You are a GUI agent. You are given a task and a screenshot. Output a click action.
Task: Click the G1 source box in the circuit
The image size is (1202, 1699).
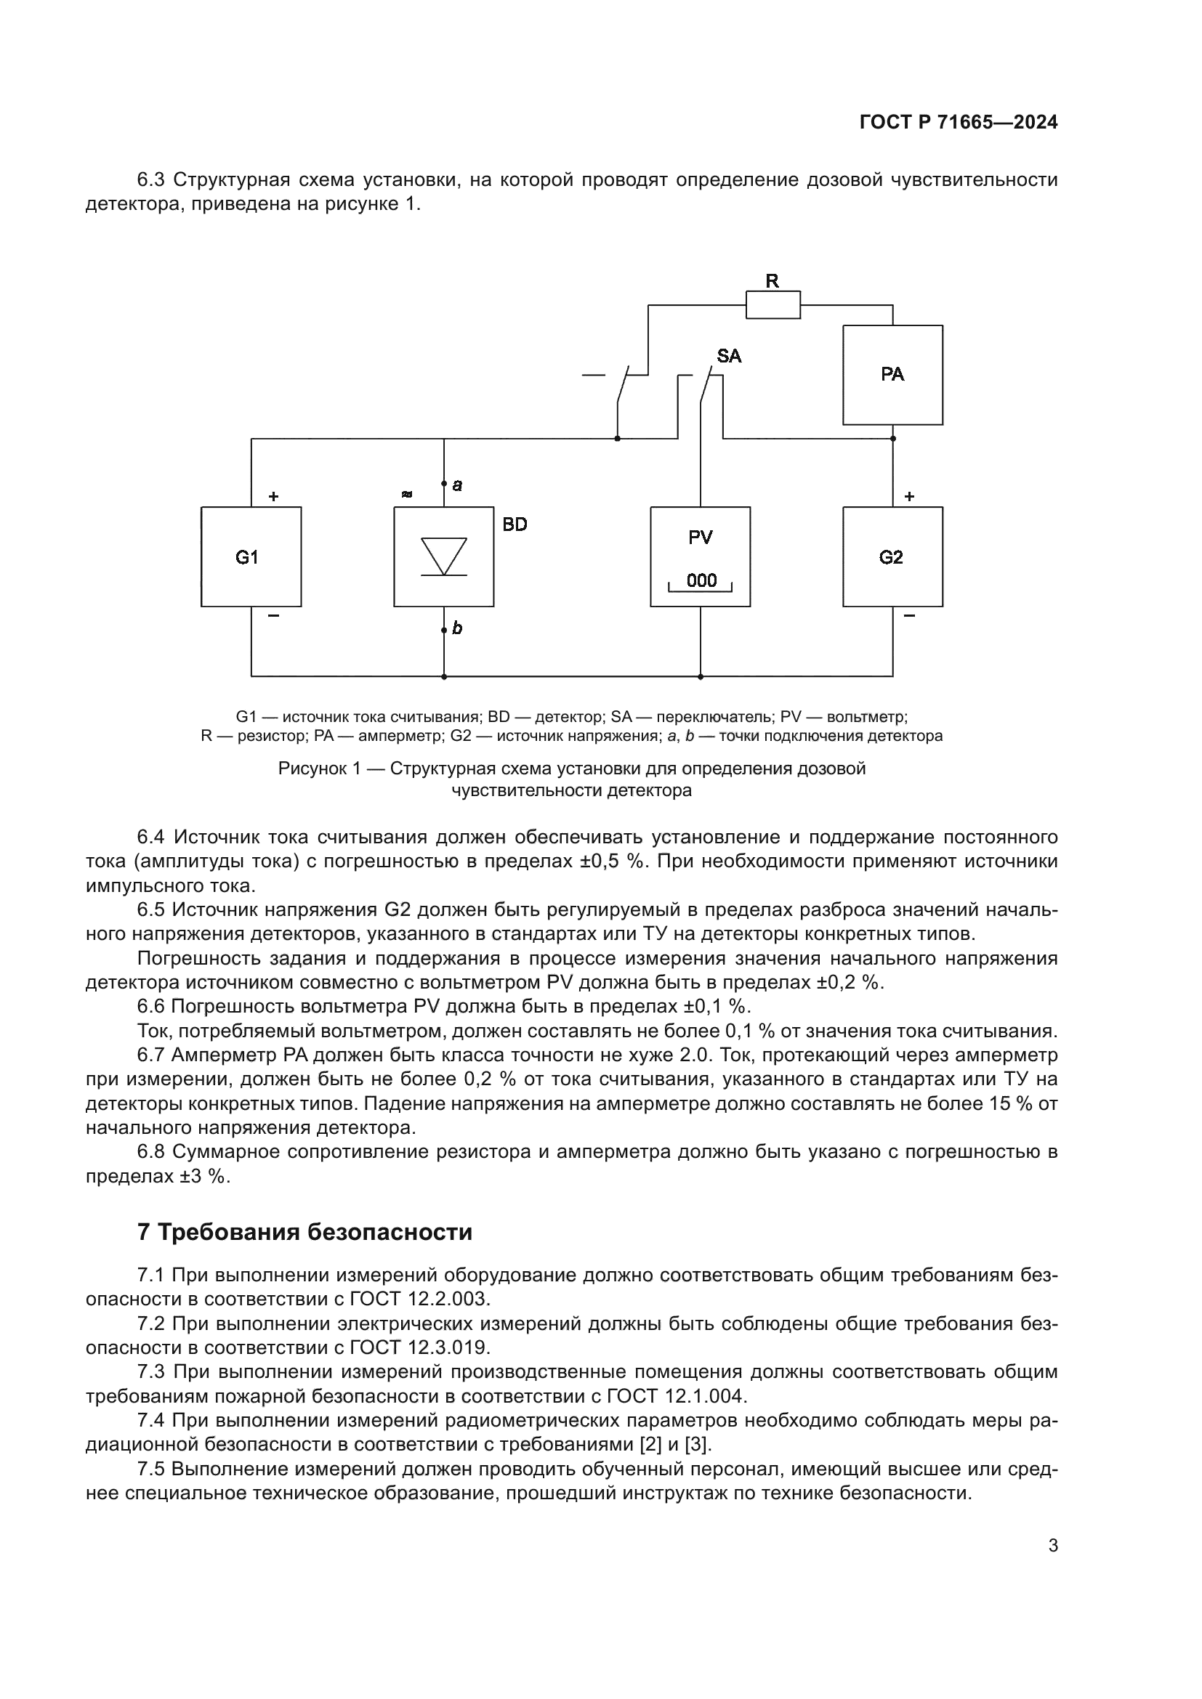tap(251, 556)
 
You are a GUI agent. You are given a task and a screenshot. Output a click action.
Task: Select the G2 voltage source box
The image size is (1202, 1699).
tap(892, 556)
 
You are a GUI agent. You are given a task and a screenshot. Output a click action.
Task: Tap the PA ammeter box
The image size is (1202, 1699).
tap(892, 374)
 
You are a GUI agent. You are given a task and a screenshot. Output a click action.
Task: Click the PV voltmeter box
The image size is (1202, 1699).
tap(699, 556)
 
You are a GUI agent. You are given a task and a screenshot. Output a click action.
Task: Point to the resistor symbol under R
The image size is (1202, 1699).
tap(773, 305)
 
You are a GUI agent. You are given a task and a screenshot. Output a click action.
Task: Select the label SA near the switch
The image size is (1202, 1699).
tap(728, 356)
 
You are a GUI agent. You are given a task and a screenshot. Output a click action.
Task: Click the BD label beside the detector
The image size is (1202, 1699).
tap(515, 524)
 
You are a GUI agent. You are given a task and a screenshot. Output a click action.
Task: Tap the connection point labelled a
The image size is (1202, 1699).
tap(444, 484)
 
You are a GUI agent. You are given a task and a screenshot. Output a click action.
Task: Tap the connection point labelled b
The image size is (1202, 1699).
tap(444, 630)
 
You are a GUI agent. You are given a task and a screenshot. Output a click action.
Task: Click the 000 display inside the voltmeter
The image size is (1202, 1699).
tap(701, 580)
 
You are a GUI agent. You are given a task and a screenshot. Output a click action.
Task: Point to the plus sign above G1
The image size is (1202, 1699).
tap(273, 497)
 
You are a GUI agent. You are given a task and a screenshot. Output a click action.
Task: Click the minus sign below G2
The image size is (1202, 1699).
tap(909, 616)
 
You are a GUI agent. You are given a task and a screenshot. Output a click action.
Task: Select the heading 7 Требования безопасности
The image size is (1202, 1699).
tap(304, 1232)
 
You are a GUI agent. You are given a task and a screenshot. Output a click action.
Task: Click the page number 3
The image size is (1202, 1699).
tap(1052, 1546)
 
